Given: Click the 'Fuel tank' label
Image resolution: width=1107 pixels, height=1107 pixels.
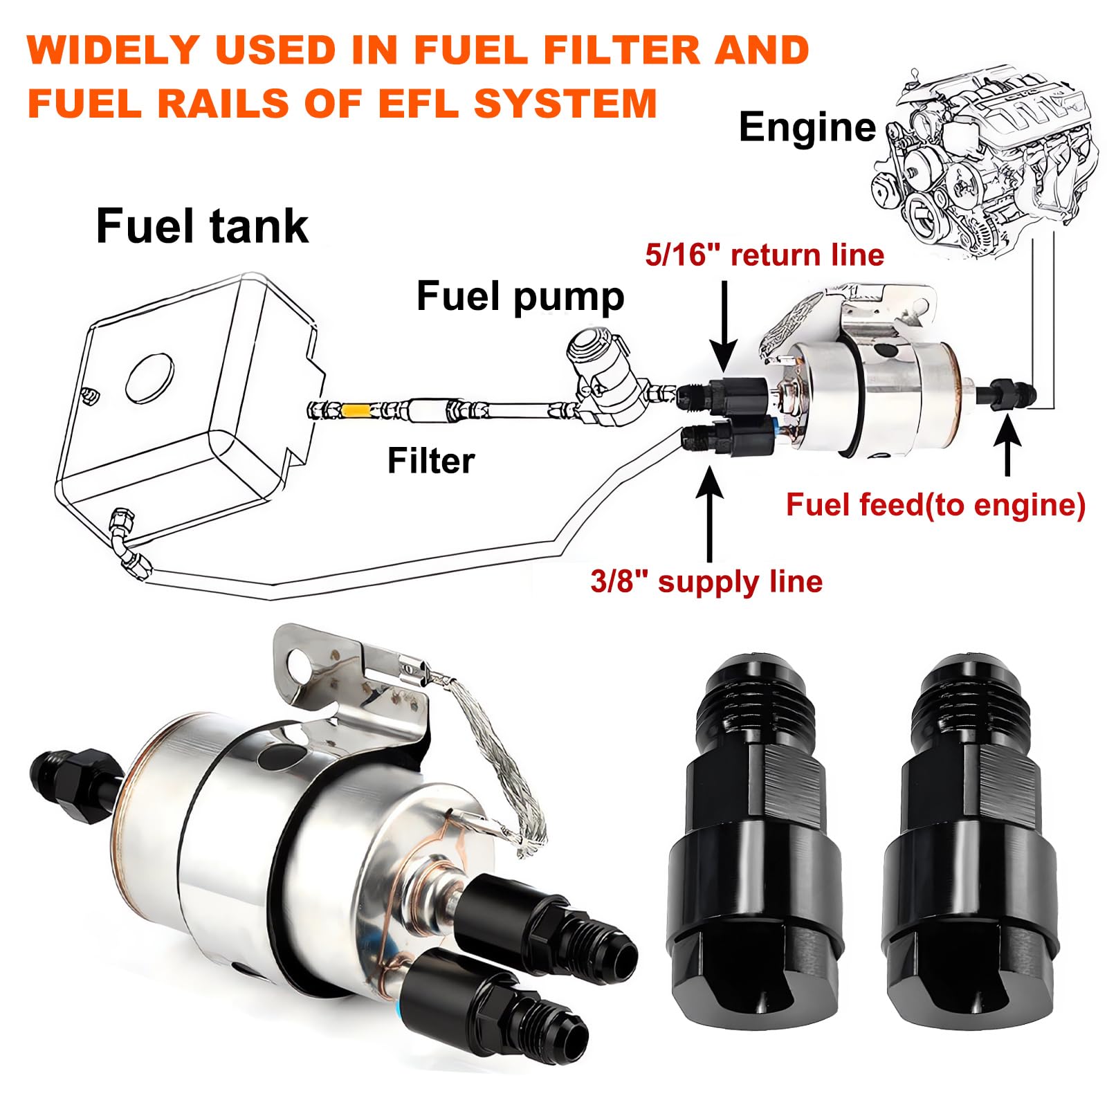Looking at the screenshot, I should click(201, 226).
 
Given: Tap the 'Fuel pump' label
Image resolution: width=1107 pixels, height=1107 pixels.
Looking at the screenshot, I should click(520, 296).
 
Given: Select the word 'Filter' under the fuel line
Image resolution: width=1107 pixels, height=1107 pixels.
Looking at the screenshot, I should click(430, 461).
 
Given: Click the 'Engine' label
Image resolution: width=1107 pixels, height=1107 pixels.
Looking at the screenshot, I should click(807, 127).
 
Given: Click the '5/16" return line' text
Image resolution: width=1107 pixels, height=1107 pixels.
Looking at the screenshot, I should click(765, 255).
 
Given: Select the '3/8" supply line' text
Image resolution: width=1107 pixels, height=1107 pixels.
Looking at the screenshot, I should click(706, 581).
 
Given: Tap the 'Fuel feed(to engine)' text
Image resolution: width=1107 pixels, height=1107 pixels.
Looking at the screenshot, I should click(935, 504).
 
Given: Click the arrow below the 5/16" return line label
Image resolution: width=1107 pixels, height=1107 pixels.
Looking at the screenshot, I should click(724, 325).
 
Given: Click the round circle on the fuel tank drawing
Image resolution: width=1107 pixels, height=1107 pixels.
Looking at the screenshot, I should click(149, 379).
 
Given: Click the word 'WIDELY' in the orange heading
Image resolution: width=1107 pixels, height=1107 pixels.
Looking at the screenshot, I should click(113, 50).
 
